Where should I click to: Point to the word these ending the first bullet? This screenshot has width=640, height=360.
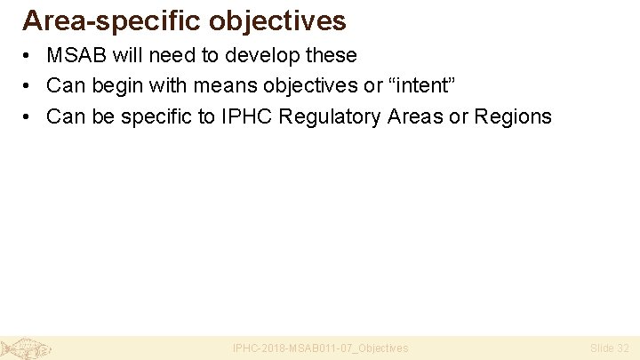pyautogui.click(x=331, y=55)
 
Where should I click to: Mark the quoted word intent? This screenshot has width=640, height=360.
pyautogui.click(x=421, y=85)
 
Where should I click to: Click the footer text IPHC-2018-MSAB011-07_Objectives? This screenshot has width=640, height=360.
pyautogui.click(x=320, y=348)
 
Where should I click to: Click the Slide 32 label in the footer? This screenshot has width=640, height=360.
pyautogui.click(x=609, y=348)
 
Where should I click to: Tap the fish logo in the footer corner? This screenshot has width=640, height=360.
pyautogui.click(x=25, y=348)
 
